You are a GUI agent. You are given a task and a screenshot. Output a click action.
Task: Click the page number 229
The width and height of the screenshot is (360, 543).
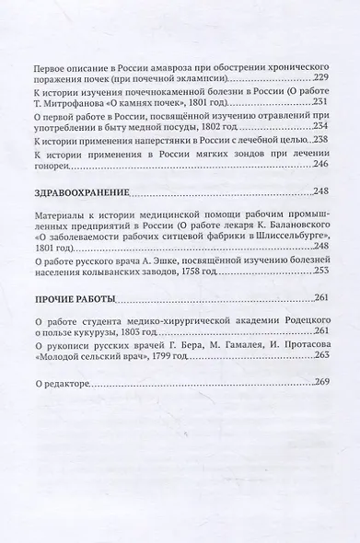pos(319,80)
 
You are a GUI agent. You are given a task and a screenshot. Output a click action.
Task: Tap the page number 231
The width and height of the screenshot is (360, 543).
pos(319,104)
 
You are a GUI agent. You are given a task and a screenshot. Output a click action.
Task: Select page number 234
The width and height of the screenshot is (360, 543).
pos(319,128)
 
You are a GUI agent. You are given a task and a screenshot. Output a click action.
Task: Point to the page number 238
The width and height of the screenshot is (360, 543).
pos(319,140)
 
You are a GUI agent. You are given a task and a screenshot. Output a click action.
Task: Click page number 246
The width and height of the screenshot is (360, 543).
pos(319,164)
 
